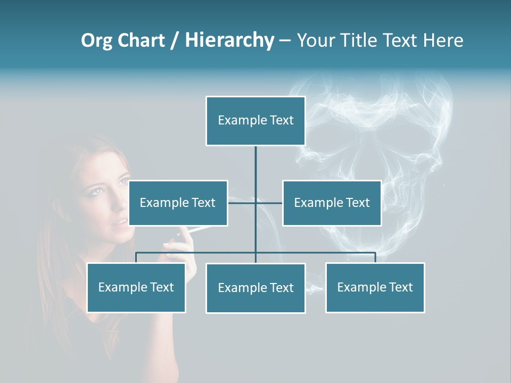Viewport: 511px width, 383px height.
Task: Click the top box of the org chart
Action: click(256, 121)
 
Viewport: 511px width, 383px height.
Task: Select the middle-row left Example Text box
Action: click(178, 203)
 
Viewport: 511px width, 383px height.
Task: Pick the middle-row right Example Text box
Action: click(332, 203)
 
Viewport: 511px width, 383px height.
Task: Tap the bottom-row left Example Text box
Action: click(136, 288)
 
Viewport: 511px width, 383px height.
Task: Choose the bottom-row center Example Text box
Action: click(256, 288)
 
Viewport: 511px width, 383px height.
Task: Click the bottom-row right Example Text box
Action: click(375, 288)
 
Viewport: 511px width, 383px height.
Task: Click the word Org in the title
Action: click(96, 40)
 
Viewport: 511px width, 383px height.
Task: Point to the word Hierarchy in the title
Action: click(229, 40)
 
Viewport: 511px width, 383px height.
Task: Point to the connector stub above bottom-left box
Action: click(136, 257)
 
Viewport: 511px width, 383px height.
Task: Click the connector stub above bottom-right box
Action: click(375, 257)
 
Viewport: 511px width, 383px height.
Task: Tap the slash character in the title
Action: click(175, 40)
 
